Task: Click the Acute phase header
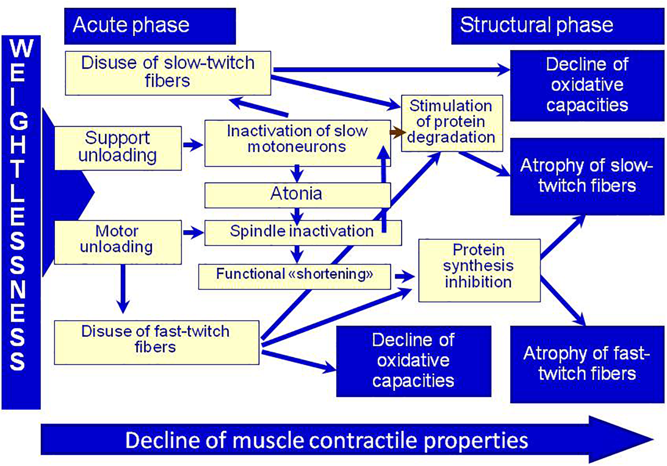point(149,26)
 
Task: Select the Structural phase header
point(557,26)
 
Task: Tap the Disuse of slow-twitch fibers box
point(167,73)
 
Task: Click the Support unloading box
point(118,147)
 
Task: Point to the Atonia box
point(297,194)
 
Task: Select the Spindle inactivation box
point(302,232)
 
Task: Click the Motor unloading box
point(117,240)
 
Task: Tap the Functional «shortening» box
point(294,274)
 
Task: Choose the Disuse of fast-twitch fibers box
point(156,341)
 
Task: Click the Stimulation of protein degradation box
point(451,122)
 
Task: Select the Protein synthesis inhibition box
point(478,269)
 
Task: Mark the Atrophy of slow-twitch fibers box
point(586,176)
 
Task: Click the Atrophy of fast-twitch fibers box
point(586,363)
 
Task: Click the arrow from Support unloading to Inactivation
point(193,145)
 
